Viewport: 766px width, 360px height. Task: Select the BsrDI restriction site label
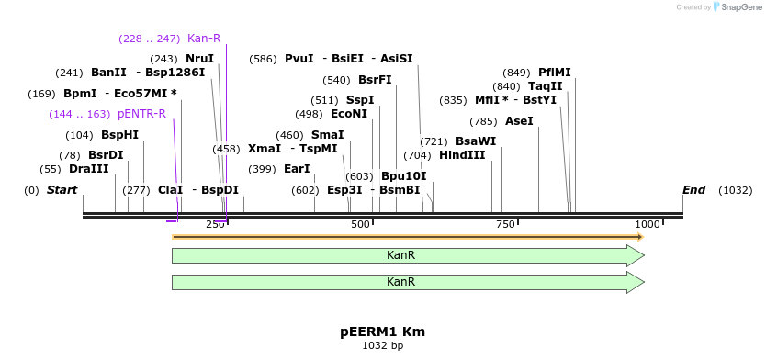tap(106, 155)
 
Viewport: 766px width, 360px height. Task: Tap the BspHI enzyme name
tap(119, 134)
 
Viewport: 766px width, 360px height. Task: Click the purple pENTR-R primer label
tap(141, 114)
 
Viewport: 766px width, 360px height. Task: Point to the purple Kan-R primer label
tap(204, 39)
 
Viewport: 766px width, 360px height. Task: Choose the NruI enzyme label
tap(199, 59)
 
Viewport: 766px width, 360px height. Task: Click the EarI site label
tap(297, 169)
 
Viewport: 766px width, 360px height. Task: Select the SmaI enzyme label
tap(328, 134)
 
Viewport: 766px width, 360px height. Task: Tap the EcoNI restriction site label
tap(348, 114)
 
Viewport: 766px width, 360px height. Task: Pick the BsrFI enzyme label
tap(374, 80)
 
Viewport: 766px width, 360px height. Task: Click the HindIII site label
tap(462, 155)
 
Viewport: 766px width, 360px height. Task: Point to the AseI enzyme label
tap(518, 121)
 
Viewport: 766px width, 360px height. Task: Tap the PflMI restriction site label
tap(555, 73)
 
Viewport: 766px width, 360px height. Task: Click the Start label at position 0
tap(62, 190)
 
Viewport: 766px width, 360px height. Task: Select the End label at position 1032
tap(693, 190)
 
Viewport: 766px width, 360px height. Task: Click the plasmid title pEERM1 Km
tap(382, 332)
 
